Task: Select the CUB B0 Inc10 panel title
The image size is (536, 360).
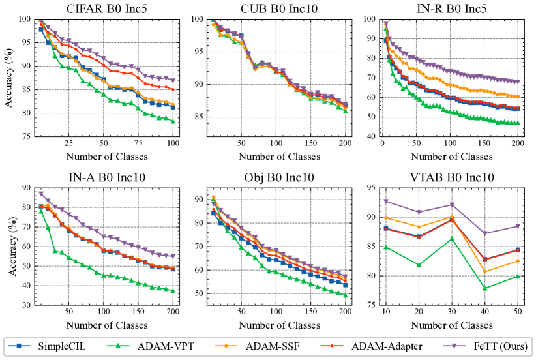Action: (276, 8)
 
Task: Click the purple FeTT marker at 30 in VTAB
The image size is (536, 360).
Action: (452, 205)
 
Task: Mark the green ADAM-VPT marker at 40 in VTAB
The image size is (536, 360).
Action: (485, 288)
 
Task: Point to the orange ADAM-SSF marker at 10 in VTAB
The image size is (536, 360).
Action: (386, 218)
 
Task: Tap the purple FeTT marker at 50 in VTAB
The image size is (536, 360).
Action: (518, 226)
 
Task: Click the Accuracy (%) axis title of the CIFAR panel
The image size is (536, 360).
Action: (8, 78)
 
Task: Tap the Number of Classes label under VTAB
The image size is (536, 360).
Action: (452, 324)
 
